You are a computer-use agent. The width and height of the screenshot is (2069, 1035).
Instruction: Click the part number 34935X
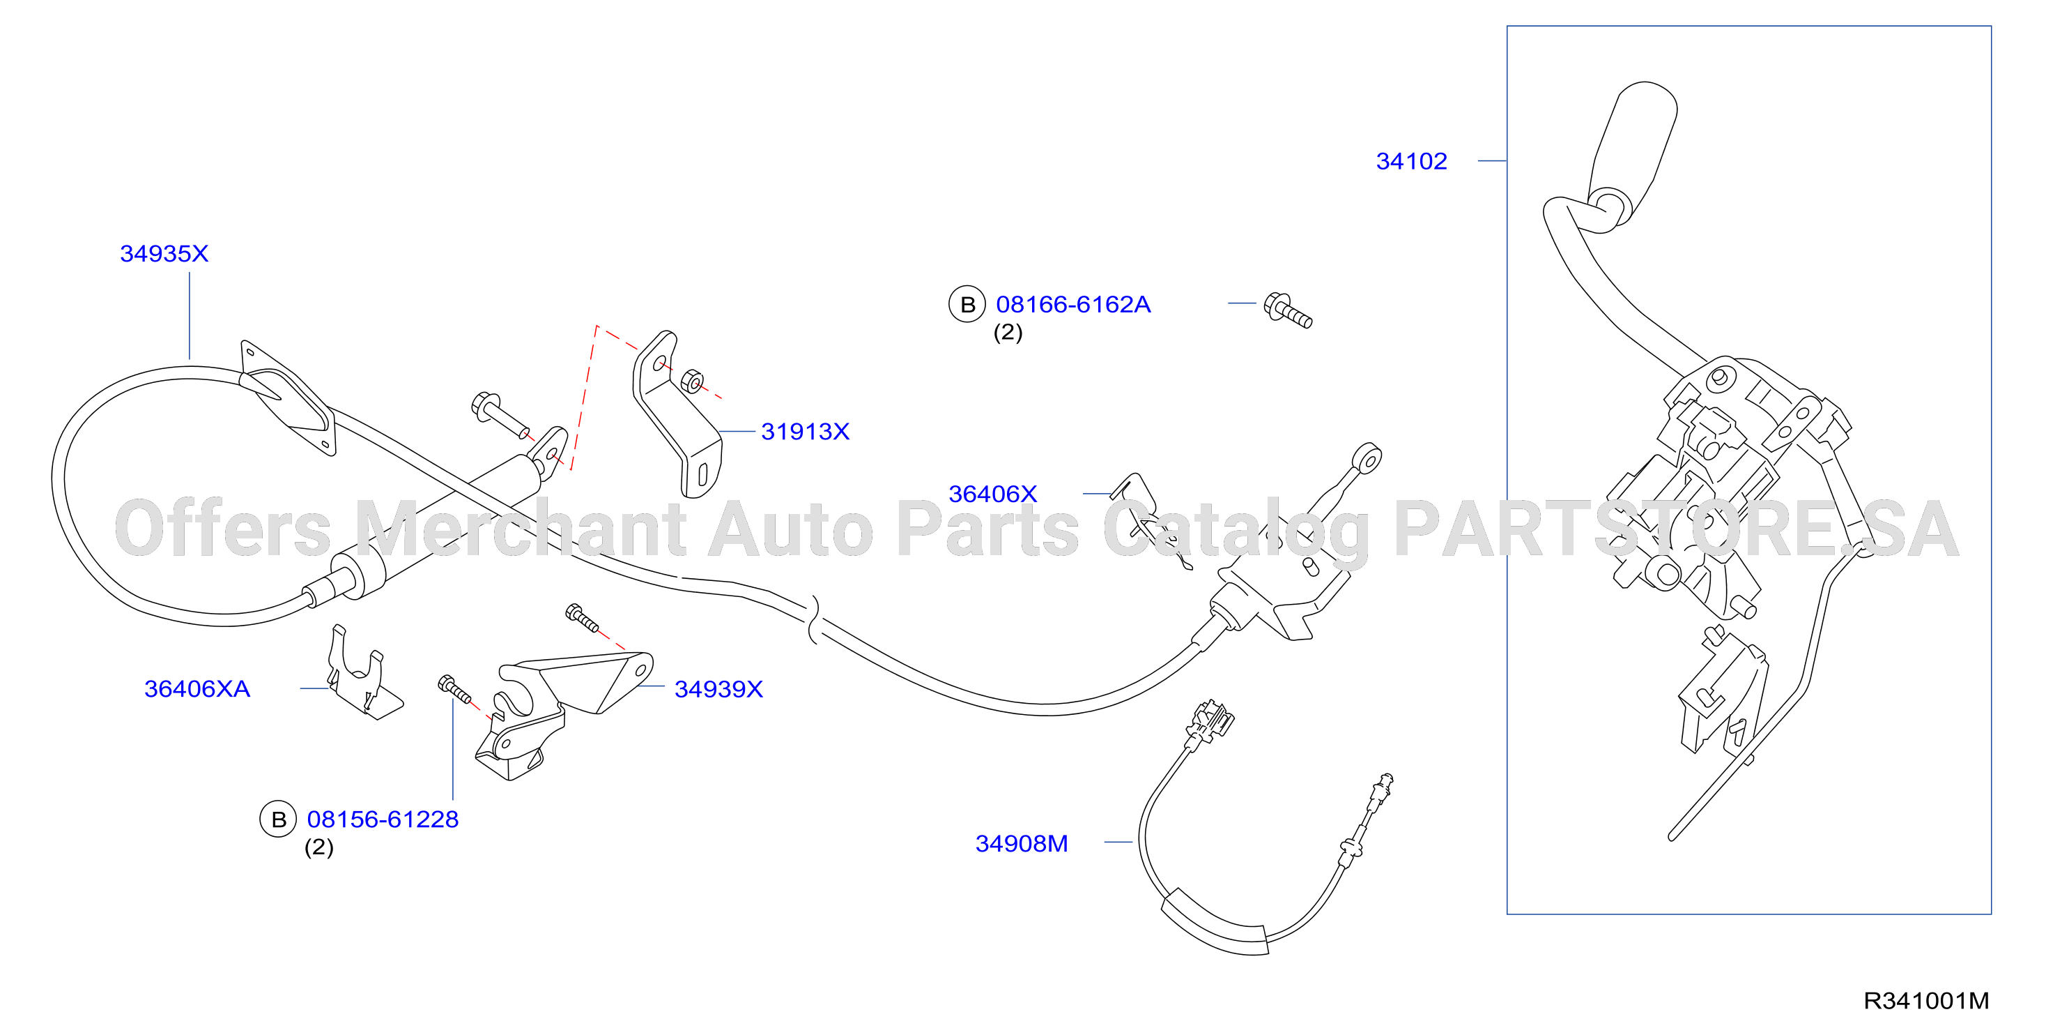(x=164, y=253)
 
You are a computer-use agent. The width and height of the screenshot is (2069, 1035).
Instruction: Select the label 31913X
(x=805, y=432)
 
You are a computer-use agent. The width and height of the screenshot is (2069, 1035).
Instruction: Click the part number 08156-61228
(x=383, y=819)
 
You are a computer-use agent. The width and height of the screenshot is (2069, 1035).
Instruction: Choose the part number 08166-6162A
(x=1073, y=305)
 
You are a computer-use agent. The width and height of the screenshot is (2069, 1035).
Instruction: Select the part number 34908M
(x=1022, y=843)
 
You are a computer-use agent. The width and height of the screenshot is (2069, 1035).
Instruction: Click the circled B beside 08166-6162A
(x=967, y=305)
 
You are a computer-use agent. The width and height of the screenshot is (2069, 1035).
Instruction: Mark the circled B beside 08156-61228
(x=278, y=819)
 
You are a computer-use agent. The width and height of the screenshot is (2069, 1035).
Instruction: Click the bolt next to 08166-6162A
(x=1288, y=310)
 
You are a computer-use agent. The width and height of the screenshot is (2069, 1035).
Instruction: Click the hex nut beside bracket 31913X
(x=691, y=381)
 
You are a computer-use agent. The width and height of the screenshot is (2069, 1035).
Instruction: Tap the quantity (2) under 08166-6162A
(x=1008, y=332)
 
